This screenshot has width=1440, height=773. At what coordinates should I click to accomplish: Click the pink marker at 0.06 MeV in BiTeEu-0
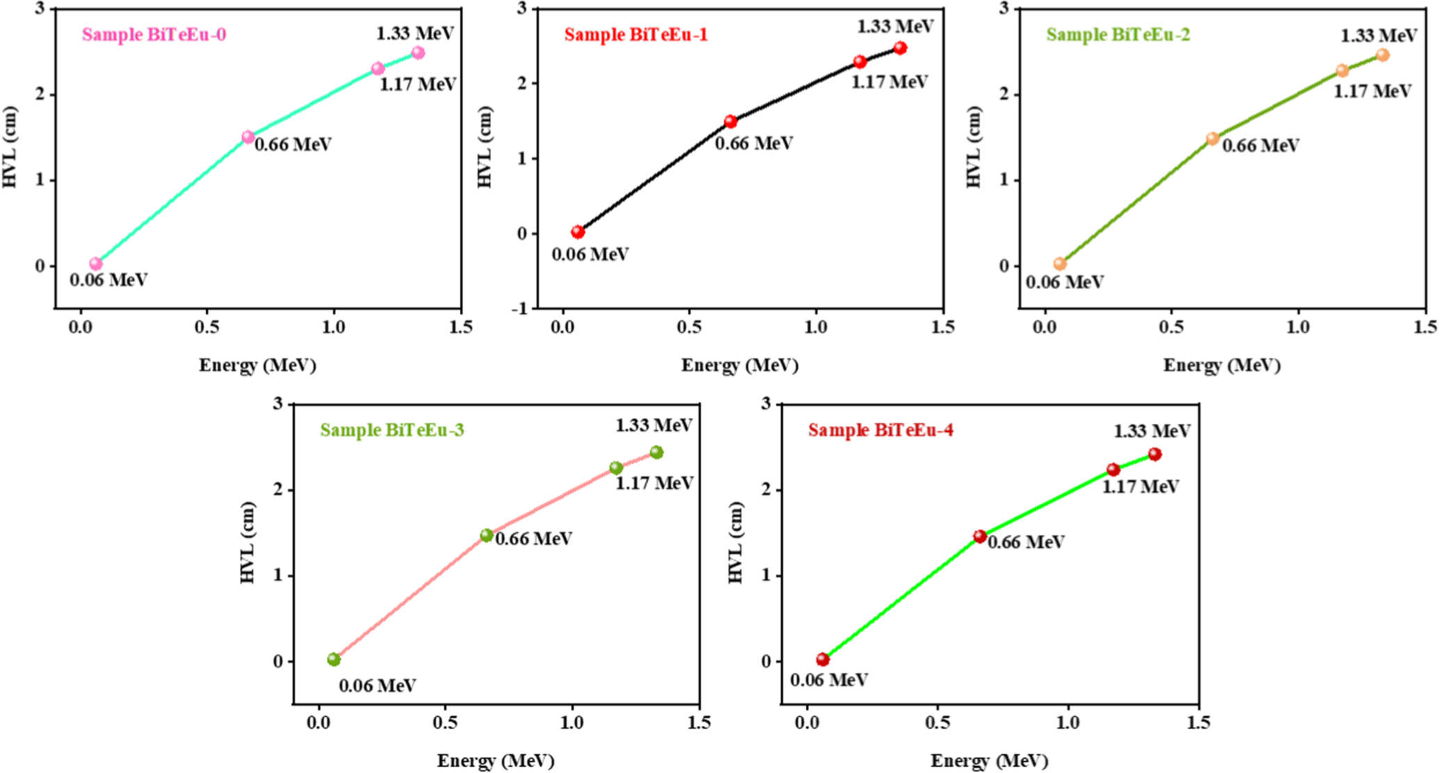95,263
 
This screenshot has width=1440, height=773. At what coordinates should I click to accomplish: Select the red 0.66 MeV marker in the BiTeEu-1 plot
730,122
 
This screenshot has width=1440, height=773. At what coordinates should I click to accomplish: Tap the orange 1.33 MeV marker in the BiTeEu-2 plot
1382,55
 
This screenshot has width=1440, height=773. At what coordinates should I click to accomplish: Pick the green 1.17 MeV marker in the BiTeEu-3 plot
616,468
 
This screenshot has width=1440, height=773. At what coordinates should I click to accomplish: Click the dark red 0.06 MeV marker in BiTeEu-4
822,659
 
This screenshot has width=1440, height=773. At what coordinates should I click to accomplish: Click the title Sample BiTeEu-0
154,35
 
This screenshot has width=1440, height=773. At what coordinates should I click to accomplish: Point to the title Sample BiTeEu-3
392,430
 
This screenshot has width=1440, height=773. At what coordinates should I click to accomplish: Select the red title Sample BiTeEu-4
880,430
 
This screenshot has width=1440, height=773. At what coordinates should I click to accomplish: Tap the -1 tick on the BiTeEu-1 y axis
520,309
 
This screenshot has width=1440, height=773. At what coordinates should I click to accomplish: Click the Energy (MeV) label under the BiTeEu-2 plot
1222,365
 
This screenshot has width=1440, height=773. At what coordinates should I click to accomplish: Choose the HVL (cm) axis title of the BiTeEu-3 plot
248,543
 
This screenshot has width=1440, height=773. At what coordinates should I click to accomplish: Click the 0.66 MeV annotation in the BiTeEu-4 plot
1025,542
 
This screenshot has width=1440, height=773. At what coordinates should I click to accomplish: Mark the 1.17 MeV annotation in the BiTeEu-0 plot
417,85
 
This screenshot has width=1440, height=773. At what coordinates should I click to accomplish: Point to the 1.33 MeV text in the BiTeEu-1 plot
895,26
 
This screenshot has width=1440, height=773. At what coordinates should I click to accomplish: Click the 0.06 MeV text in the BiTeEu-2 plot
1064,282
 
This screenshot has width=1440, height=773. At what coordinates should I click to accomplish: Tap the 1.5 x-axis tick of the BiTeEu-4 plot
1197,724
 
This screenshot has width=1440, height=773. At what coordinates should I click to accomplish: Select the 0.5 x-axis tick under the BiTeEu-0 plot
207,327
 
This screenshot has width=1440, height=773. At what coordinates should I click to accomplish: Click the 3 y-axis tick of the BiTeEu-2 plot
1004,8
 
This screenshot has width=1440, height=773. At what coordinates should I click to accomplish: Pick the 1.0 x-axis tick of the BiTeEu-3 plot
572,724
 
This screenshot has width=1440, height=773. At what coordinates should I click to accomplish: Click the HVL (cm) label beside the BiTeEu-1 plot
484,147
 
